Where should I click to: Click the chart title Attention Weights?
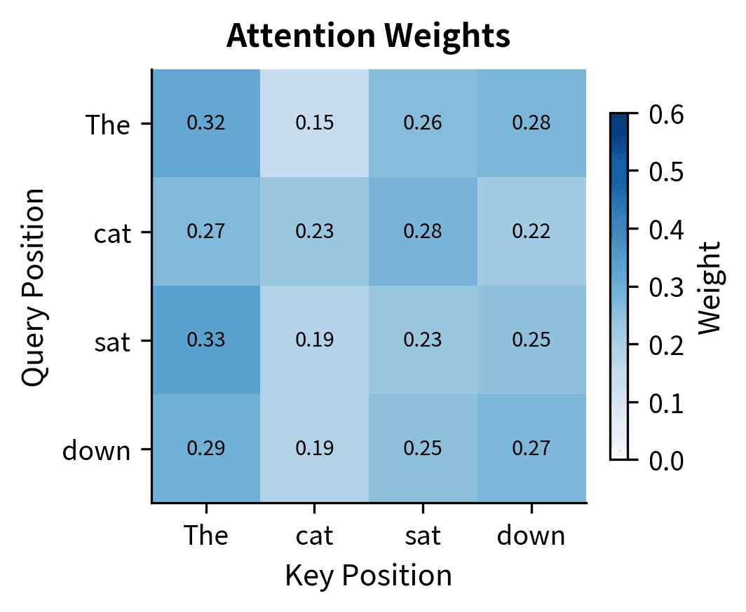click(x=368, y=37)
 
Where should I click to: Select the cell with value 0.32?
click(x=206, y=123)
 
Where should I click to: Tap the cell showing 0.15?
click(x=314, y=123)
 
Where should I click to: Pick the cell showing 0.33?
click(x=206, y=340)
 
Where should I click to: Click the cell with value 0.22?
click(x=531, y=232)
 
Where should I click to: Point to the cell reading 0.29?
click(x=206, y=448)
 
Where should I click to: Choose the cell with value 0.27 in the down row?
click(x=531, y=448)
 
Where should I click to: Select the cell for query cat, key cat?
click(x=314, y=232)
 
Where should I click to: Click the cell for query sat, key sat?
click(x=423, y=340)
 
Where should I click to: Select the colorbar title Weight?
click(x=710, y=286)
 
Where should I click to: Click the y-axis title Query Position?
click(x=33, y=286)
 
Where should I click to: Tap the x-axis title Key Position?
click(x=368, y=576)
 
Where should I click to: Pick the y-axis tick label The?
click(x=107, y=125)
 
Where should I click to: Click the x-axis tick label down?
click(x=531, y=536)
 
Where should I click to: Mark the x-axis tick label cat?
click(x=314, y=536)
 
